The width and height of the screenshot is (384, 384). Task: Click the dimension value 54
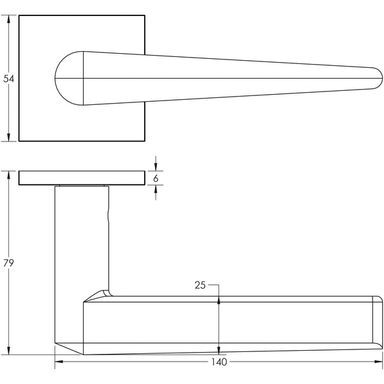tap(8, 79)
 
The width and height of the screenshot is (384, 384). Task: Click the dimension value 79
tap(8, 263)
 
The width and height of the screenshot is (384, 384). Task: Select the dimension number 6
tap(156, 179)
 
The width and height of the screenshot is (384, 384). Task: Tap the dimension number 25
tap(200, 285)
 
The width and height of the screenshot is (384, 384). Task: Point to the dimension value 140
tap(219, 362)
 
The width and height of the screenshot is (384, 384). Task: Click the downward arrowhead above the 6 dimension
tap(156, 167)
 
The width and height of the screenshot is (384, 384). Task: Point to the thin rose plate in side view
tap(81, 178)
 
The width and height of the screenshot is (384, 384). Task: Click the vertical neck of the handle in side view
tap(81, 237)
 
